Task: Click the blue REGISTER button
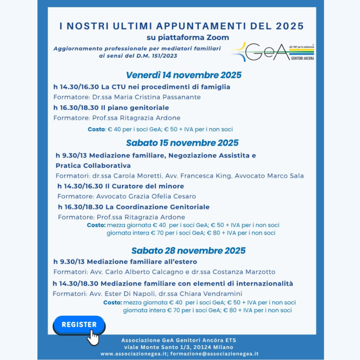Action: coord(79,325)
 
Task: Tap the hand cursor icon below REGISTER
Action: coord(93,338)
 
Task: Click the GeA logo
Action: coord(272,52)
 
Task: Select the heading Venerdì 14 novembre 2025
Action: coord(184,75)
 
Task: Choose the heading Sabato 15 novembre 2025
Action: coord(182,143)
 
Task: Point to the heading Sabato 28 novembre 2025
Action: coord(188,250)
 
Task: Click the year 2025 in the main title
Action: coord(290,26)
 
